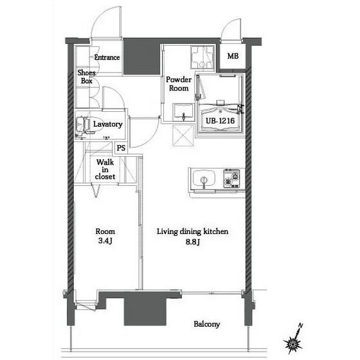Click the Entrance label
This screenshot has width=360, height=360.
click(107, 57)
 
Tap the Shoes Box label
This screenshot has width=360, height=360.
click(86, 76)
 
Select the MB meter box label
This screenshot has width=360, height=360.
click(233, 56)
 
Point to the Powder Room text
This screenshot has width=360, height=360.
click(179, 84)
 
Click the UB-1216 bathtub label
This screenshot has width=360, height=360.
click(220, 121)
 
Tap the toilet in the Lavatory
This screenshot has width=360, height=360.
click(83, 125)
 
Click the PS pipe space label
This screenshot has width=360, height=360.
click(121, 148)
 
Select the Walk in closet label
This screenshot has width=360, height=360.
click(105, 169)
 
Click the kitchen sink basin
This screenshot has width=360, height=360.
click(204, 178)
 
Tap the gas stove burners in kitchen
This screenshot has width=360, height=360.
click(231, 179)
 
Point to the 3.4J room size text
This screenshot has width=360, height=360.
click(105, 241)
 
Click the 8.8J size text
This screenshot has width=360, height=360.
click(193, 242)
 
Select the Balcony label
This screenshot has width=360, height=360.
click(206, 324)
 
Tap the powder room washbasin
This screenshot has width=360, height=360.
click(183, 112)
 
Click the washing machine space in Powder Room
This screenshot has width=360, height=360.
click(203, 57)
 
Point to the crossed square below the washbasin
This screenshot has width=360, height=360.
click(183, 135)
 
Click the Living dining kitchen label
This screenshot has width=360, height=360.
click(192, 231)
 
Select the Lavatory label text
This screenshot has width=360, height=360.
click(108, 124)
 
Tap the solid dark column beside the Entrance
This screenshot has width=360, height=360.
click(141, 57)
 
